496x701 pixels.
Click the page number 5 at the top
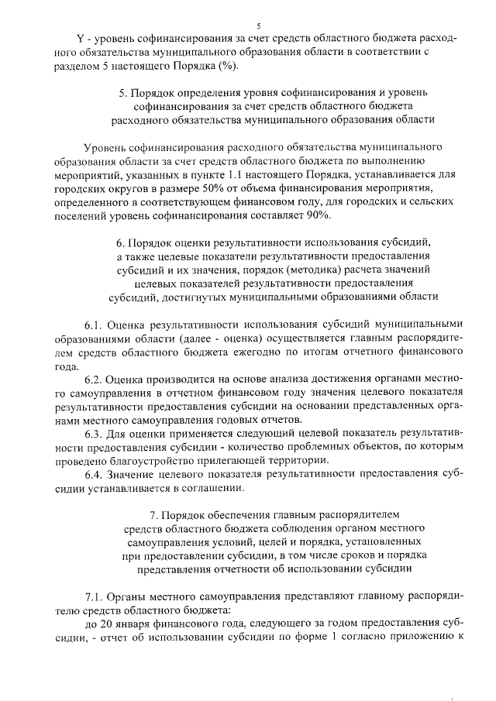coord(259,26)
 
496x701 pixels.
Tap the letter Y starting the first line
coord(79,38)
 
